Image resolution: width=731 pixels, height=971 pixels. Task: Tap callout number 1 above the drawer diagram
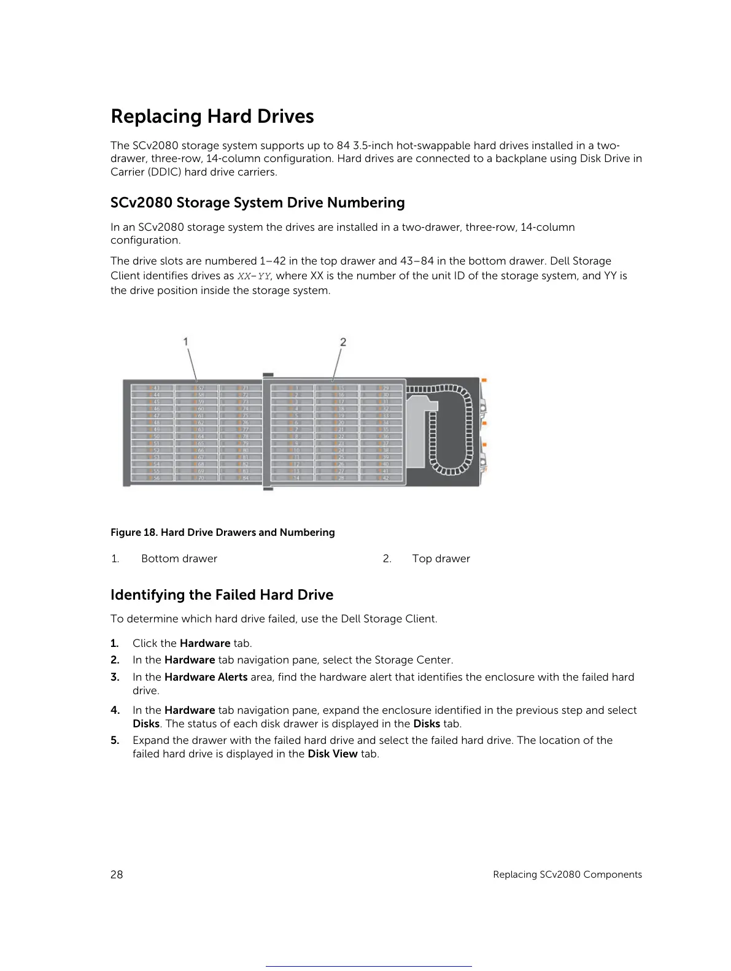pyautogui.click(x=185, y=341)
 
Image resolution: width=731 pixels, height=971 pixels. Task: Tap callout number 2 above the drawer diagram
pyautogui.click(x=343, y=342)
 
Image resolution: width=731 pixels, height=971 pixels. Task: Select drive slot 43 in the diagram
pyautogui.click(x=156, y=388)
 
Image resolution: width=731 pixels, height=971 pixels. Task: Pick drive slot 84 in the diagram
pyautogui.click(x=245, y=478)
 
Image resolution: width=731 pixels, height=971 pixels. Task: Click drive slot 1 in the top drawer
pyautogui.click(x=296, y=388)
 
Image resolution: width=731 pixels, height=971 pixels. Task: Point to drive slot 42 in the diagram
pyautogui.click(x=385, y=478)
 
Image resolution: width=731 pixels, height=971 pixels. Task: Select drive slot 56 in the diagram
pyautogui.click(x=156, y=478)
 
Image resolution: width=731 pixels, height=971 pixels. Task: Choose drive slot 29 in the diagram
pyautogui.click(x=385, y=388)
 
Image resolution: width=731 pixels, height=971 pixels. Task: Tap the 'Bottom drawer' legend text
pyautogui.click(x=179, y=559)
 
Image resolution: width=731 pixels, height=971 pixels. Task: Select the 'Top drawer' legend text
pyautogui.click(x=441, y=559)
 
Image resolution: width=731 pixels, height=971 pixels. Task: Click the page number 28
pyautogui.click(x=117, y=875)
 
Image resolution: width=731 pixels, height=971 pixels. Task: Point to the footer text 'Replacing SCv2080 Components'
pyautogui.click(x=567, y=875)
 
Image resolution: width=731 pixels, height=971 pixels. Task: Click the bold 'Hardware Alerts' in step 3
pyautogui.click(x=206, y=677)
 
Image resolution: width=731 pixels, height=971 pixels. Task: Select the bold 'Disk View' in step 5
pyautogui.click(x=332, y=754)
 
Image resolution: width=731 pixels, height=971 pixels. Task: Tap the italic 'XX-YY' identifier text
pyautogui.click(x=253, y=276)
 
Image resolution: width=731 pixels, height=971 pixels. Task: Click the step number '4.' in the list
pyautogui.click(x=115, y=710)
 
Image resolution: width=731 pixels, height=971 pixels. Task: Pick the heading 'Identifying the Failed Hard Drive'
pyautogui.click(x=222, y=595)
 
